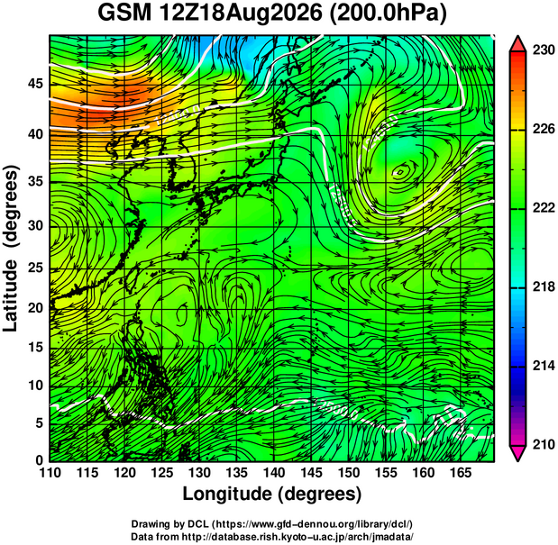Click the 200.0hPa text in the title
point(389,14)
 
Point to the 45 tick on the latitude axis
point(35,84)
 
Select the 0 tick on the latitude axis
point(39,460)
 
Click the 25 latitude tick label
point(35,268)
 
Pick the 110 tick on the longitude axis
point(50,473)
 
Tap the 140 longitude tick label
point(274,473)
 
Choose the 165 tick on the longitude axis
point(461,473)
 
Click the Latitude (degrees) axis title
point(11,250)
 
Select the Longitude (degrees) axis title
point(272,494)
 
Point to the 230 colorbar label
point(544,50)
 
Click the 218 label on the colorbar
point(544,286)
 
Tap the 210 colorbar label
point(544,444)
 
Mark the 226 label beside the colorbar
point(544,129)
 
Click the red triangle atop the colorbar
point(517,44)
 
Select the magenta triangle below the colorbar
point(517,453)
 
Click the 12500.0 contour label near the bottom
point(337,409)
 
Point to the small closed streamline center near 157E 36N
point(399,172)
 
